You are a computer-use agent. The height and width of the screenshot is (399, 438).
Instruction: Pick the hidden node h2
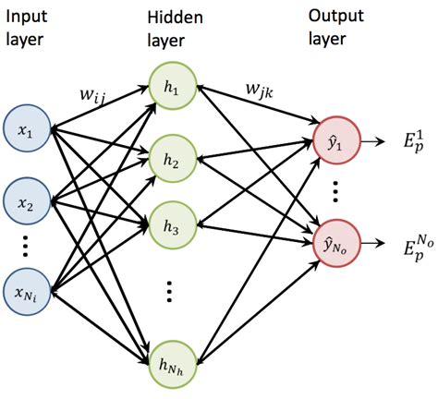[172, 157]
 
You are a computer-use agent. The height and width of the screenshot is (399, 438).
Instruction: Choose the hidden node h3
[172, 224]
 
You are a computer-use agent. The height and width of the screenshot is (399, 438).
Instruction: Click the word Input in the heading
[25, 16]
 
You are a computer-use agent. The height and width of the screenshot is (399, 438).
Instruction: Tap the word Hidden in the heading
[170, 16]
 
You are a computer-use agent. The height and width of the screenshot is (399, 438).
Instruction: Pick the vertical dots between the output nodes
[335, 192]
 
